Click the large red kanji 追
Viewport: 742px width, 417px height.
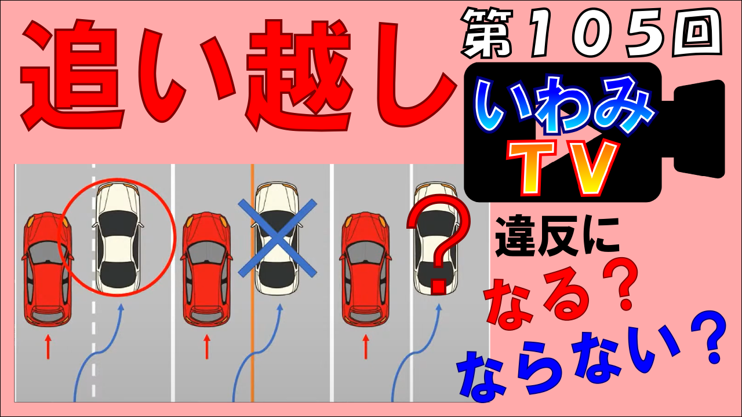(x=72, y=75)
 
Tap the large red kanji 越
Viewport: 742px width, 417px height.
(x=299, y=75)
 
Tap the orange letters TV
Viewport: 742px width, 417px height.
(x=563, y=168)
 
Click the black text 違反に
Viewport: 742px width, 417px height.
(x=557, y=237)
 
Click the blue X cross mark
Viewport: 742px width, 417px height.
(x=278, y=238)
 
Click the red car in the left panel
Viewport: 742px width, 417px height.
(x=48, y=269)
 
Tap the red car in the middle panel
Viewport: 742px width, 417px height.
(x=207, y=269)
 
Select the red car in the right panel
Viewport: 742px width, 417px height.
(x=366, y=269)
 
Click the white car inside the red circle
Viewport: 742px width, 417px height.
(x=118, y=237)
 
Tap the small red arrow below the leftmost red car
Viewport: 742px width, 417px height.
(x=48, y=346)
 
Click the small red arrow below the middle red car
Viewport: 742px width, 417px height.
(x=207, y=346)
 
